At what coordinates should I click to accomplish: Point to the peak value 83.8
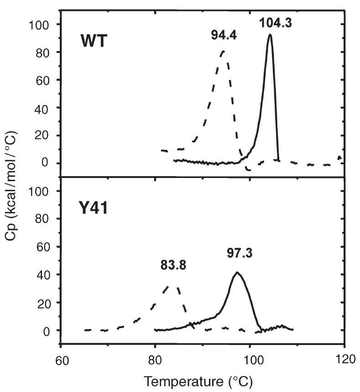173,263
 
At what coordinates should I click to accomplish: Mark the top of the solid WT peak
270,35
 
